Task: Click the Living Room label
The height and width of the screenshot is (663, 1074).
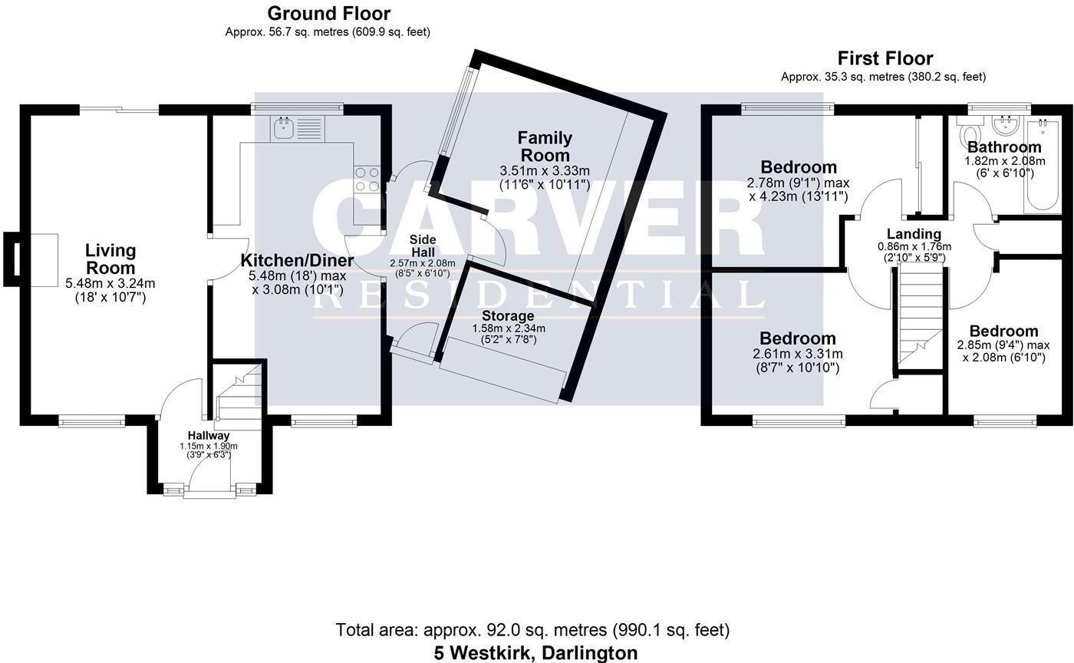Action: pos(110,259)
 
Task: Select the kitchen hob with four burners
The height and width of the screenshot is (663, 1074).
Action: pos(367,180)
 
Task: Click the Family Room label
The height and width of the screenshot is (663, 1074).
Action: pos(545,146)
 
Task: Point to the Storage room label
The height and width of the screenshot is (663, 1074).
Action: pos(508,315)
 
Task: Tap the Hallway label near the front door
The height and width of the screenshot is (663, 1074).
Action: pos(209,435)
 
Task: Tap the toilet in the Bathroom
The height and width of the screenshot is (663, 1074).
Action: pos(967,135)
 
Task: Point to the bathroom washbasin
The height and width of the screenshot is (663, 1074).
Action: pos(1003,125)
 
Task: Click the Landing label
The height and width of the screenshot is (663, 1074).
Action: pos(914,234)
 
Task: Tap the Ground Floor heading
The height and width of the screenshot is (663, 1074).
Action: pos(328,13)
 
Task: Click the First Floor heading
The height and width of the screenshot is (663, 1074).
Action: pos(885,58)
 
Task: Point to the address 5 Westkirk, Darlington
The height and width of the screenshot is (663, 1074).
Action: pos(535,653)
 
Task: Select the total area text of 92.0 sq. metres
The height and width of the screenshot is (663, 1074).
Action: pos(532,630)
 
